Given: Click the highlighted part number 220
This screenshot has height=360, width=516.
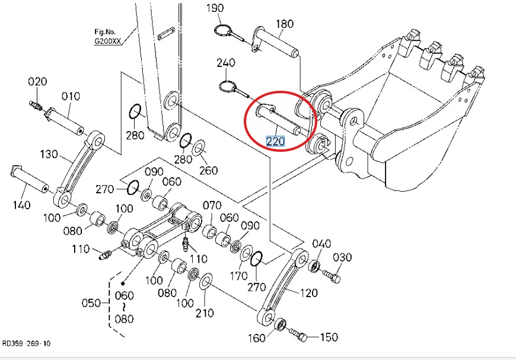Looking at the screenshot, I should click(x=275, y=142).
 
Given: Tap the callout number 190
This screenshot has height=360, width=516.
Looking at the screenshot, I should click(x=215, y=8).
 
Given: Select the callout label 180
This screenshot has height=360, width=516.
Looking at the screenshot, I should click(x=285, y=24).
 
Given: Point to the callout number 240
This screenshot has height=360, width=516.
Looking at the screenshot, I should click(x=226, y=63).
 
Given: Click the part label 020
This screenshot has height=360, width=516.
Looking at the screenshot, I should click(x=37, y=82).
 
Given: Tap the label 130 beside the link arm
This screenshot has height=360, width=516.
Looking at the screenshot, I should click(x=50, y=155).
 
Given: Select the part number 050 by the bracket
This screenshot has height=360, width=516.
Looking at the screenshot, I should click(x=90, y=303).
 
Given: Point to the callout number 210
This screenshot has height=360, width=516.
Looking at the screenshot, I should click(x=205, y=313).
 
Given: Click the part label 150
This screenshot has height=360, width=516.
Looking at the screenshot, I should click(x=329, y=338).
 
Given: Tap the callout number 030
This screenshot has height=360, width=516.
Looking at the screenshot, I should click(x=342, y=257).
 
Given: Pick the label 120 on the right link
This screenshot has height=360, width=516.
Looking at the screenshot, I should click(x=308, y=292).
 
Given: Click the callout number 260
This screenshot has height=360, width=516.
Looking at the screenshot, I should click(x=208, y=172).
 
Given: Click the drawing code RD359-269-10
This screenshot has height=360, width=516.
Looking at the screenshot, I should click(x=26, y=343).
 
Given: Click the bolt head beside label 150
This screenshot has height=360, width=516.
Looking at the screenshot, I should click(x=303, y=337).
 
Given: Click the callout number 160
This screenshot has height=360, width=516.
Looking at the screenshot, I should click(x=257, y=339).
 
